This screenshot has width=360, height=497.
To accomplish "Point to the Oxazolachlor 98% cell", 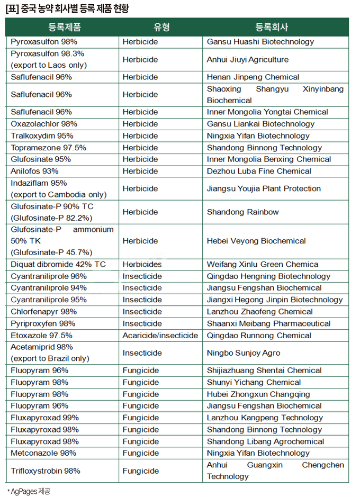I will point(44,124).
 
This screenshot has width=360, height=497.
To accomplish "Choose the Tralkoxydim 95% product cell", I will point(42,135).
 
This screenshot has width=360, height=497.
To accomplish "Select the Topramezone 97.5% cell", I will point(48,148).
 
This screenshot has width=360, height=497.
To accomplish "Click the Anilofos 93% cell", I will point(34,171).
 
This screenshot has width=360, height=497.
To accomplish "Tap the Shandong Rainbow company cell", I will point(243,212).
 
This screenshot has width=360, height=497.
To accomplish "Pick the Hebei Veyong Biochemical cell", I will point(256,241).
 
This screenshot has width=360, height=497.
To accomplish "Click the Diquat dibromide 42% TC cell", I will point(58,265).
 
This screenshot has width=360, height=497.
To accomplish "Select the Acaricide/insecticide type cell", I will point(160,336).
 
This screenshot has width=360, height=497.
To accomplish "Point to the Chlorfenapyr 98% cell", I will point(43,312).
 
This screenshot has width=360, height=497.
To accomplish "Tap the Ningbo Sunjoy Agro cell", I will point(244,353).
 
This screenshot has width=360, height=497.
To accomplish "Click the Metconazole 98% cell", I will point(43,453).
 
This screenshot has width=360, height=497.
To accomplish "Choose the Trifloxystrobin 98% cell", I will point(46,471).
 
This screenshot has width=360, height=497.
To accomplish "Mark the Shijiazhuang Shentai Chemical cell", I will point(264,371).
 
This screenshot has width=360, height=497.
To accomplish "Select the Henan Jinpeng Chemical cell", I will point(253,77).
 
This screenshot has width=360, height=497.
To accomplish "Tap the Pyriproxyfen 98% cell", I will point(43,323).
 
